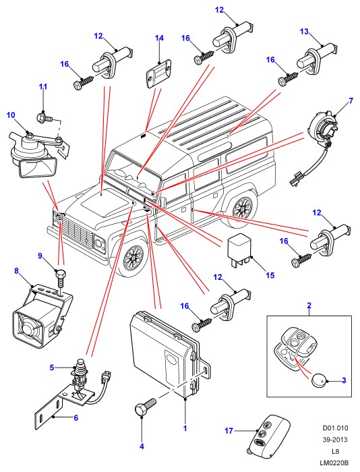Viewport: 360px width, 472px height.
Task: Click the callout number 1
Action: tap(185, 428)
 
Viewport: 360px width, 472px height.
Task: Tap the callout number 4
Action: tap(142, 446)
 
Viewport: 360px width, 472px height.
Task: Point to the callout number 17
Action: tap(229, 431)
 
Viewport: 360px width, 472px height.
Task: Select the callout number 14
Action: tap(159, 38)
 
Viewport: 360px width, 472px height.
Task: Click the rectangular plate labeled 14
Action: tap(159, 73)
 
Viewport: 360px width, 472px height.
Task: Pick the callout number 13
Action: tap(304, 31)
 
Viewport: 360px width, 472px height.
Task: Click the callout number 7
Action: tap(351, 100)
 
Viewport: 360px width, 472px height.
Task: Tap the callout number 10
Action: tap(11, 115)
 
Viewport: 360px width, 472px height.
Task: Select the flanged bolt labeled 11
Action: tap(44, 117)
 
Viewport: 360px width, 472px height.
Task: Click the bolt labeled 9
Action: tap(61, 278)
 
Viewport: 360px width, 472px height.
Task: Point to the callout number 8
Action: tap(16, 271)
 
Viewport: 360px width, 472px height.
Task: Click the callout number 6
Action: tap(76, 418)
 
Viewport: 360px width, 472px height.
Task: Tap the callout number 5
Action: tap(52, 367)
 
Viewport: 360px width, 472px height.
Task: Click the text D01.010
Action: tap(335, 427)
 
